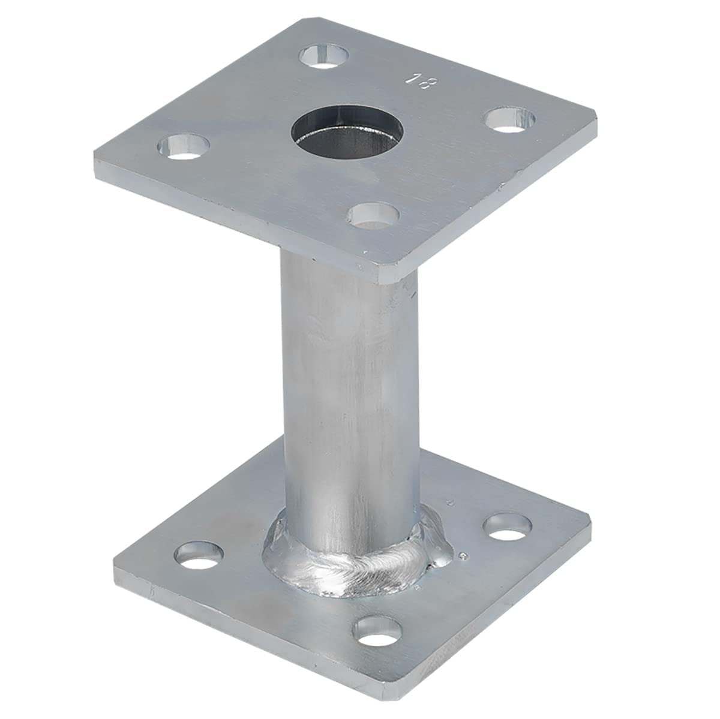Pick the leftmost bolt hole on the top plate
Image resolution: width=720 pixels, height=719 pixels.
click(x=184, y=146)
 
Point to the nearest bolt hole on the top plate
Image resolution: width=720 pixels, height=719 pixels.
click(x=374, y=215)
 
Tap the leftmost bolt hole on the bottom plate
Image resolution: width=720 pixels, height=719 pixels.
click(x=199, y=555)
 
